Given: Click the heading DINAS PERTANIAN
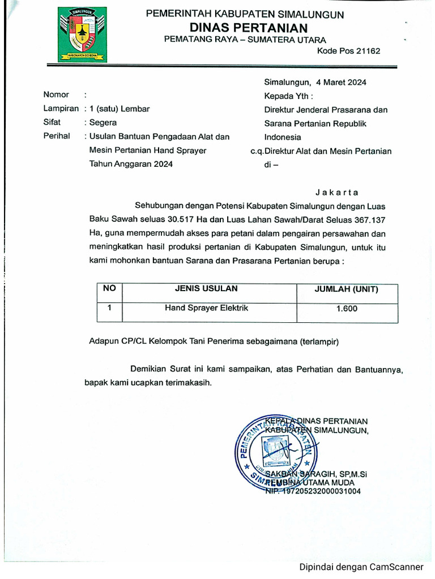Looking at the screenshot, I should pyautogui.click(x=249, y=28).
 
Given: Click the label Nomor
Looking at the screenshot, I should pyautogui.click(x=56, y=95).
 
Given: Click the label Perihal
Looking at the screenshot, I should pyautogui.click(x=57, y=136).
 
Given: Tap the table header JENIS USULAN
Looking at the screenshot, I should pyautogui.click(x=209, y=289).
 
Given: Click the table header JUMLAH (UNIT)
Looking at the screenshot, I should pyautogui.click(x=347, y=289).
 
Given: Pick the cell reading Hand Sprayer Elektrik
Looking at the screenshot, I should pyautogui.click(x=206, y=308).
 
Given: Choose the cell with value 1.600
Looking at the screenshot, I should pyautogui.click(x=347, y=309).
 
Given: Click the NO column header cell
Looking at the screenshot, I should pyautogui.click(x=109, y=288).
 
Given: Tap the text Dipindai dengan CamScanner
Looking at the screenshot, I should pyautogui.click(x=361, y=567).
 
